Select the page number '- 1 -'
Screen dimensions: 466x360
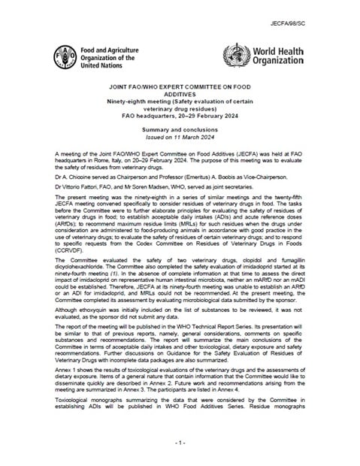[x=180, y=445]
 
